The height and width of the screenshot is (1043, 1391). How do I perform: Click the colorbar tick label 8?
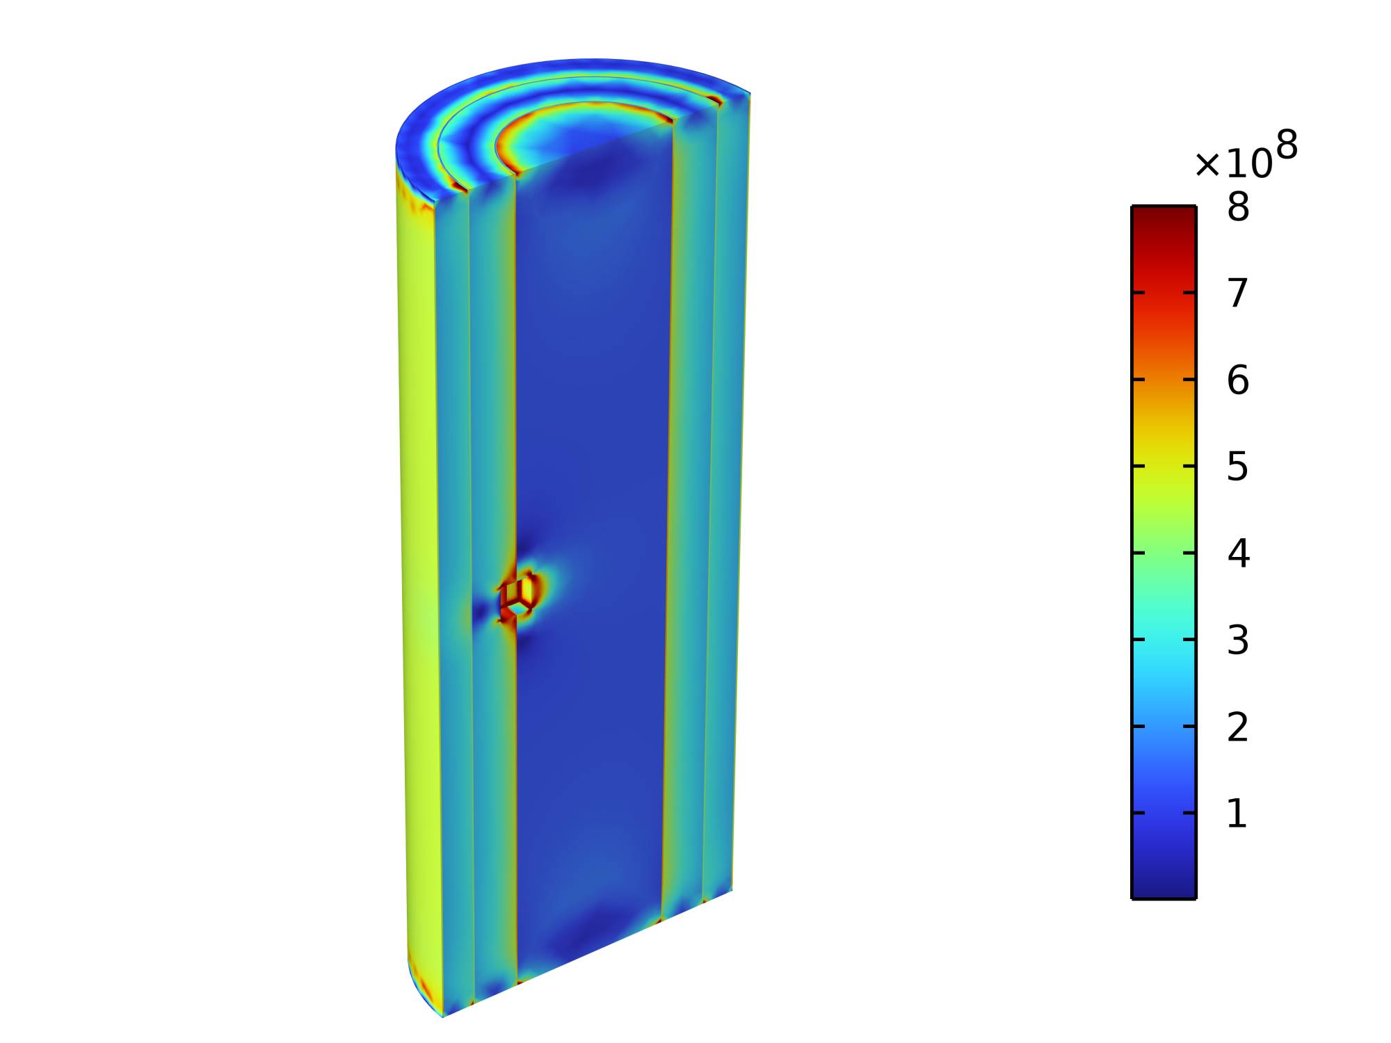[1238, 207]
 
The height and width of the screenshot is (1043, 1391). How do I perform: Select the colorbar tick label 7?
[1238, 293]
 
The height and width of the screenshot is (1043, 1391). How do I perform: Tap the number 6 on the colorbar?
[1238, 380]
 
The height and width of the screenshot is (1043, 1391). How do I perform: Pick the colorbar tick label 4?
[1238, 553]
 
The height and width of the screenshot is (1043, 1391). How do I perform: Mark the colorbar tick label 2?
[1238, 727]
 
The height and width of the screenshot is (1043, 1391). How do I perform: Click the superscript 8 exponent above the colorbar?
[1287, 145]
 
